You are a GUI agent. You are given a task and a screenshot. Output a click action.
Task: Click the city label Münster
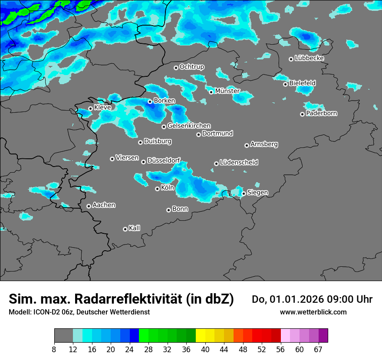(227, 91)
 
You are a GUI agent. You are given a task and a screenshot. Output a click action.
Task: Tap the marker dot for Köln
(157, 189)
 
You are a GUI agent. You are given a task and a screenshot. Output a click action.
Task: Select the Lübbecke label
(309, 58)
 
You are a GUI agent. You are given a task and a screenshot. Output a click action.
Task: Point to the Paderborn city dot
(302, 114)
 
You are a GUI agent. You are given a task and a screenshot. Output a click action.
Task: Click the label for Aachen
(104, 205)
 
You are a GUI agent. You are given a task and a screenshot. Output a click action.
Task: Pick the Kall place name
(135, 228)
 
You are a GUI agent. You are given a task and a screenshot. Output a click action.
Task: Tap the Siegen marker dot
(244, 193)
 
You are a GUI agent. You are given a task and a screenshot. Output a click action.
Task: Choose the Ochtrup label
(191, 67)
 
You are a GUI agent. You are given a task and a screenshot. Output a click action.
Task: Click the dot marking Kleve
(90, 108)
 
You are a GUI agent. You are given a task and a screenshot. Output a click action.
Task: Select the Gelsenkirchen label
(189, 126)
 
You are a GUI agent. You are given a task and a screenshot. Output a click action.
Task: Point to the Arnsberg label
(264, 144)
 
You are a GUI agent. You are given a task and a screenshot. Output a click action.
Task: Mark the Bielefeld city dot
(285, 84)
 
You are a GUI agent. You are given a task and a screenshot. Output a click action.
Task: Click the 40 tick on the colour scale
(205, 349)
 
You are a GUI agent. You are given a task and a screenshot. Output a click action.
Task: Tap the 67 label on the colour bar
(318, 349)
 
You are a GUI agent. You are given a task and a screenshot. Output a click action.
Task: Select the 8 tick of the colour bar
(54, 349)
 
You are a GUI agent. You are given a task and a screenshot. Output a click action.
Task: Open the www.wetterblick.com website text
(313, 312)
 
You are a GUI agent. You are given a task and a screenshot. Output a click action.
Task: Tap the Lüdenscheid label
(239, 163)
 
